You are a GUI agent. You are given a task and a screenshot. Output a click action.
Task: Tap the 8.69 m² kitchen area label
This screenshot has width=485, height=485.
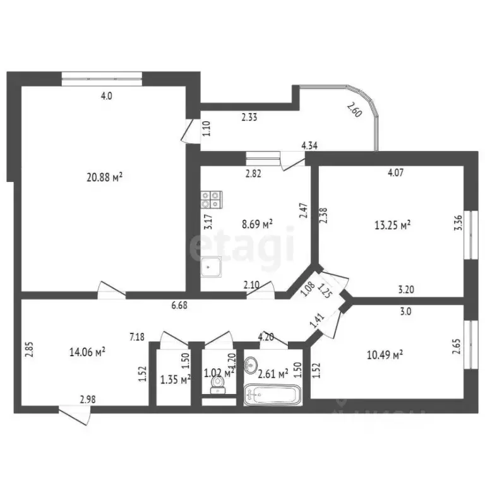[x=257, y=224]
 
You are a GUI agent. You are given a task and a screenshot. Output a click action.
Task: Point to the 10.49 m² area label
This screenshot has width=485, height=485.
[x=385, y=356]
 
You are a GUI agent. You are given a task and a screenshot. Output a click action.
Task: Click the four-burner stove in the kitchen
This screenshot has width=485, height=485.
[x=211, y=200]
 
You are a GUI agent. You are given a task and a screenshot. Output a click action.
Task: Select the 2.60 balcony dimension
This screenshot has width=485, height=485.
[x=354, y=112]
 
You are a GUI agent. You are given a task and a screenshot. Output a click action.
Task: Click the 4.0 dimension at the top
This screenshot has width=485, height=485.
[x=106, y=97]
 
